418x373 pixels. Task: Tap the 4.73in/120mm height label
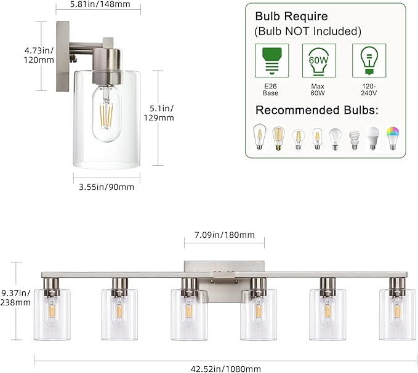pos(21,55)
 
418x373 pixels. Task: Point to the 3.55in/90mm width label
pos(104,187)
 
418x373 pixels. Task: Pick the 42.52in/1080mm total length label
pos(225,369)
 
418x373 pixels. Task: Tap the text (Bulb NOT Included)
pos(307,31)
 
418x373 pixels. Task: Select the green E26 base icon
pos(270,60)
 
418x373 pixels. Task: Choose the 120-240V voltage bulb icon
pos(368,60)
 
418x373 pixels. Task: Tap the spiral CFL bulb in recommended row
pos(354,139)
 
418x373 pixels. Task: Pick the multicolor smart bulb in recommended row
pos(392,138)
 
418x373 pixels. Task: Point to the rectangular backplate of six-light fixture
pos(225,270)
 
